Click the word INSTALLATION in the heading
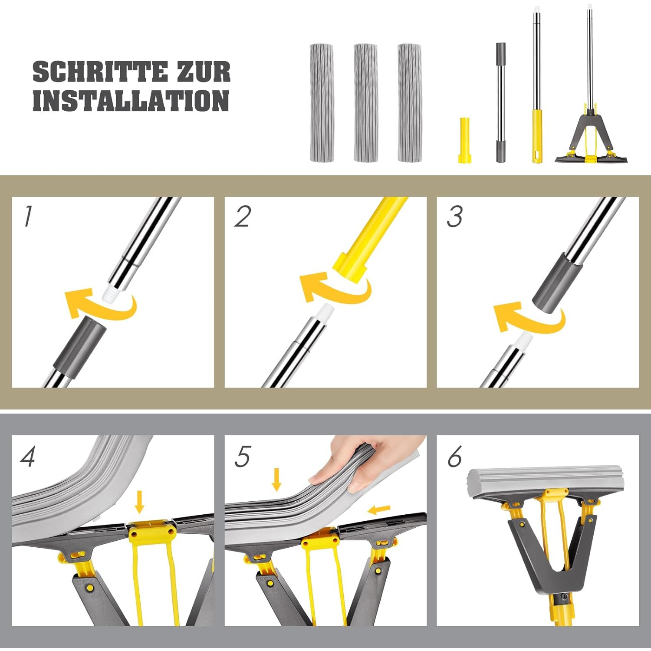[131, 101]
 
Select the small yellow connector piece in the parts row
[464, 140]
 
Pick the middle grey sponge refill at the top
[365, 103]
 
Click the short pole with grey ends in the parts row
[501, 102]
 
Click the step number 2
[242, 216]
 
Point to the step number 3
[455, 216]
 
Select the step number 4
[28, 457]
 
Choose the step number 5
[242, 457]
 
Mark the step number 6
[455, 457]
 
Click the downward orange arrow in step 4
[139, 502]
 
